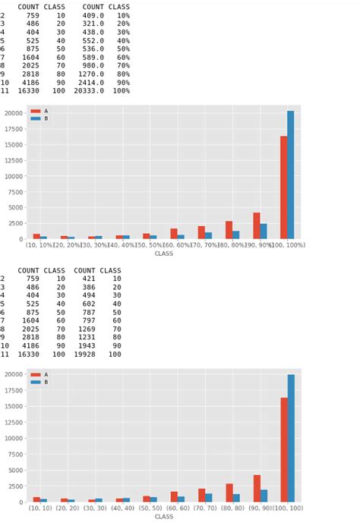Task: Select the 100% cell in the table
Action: click(122, 91)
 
